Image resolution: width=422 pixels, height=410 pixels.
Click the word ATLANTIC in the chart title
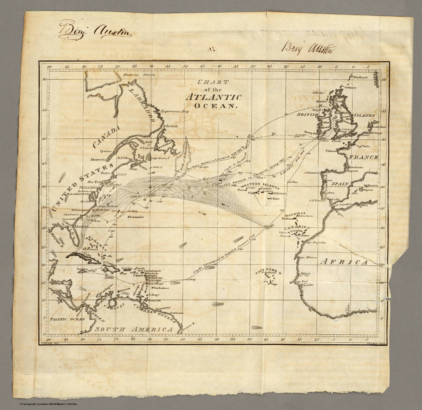pos(213,97)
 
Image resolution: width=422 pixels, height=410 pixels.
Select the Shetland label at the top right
pos(360,78)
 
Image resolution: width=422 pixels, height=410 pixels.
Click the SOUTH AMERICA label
pos(134,329)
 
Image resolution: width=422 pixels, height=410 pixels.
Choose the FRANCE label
pos(363,158)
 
